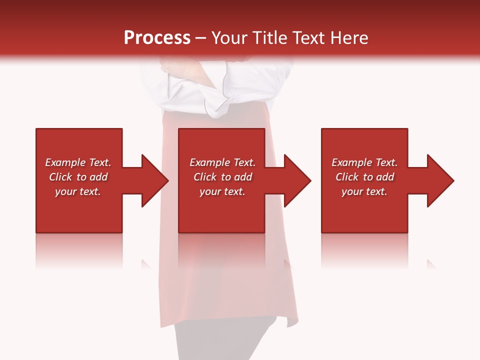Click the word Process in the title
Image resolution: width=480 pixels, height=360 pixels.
tap(157, 38)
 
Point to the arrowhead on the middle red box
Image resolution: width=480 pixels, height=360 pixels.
tap(296, 180)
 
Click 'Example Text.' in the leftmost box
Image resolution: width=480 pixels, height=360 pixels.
tap(78, 162)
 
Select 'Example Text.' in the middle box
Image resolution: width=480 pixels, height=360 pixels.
tap(222, 162)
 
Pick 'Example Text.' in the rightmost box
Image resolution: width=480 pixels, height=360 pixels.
tap(364, 162)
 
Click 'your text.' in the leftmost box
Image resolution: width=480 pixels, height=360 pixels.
tap(78, 191)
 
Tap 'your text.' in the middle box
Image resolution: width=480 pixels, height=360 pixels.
tap(222, 191)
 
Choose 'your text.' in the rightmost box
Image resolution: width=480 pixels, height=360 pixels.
tap(364, 191)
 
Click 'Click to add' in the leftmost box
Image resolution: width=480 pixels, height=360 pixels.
tap(78, 177)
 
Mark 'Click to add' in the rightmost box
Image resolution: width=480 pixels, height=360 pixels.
tap(364, 177)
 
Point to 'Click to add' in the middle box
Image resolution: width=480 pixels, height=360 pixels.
tap(222, 177)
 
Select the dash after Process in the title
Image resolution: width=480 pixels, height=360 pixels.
tap(200, 38)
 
